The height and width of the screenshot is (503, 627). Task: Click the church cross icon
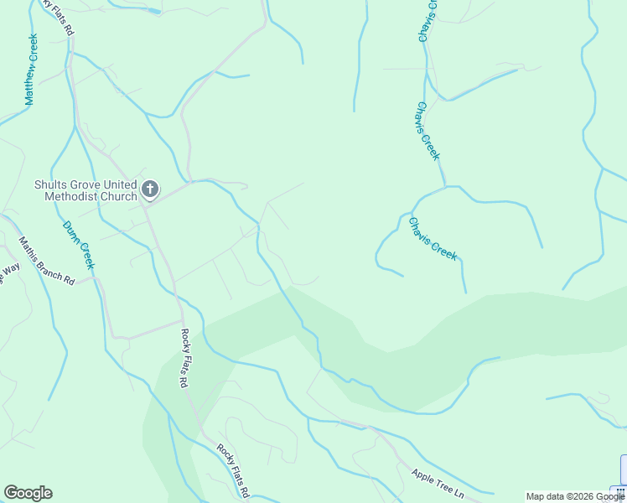click(150, 189)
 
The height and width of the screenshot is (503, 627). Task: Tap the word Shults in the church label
click(49, 185)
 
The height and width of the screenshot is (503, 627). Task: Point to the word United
click(118, 185)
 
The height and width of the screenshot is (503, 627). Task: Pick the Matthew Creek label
click(32, 70)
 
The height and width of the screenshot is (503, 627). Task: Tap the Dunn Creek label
click(79, 244)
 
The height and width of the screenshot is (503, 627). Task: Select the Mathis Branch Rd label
click(47, 262)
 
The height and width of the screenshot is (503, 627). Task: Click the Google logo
click(28, 493)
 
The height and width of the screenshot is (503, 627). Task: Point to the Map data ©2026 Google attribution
click(575, 496)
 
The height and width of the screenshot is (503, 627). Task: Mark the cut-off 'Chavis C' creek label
click(427, 21)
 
